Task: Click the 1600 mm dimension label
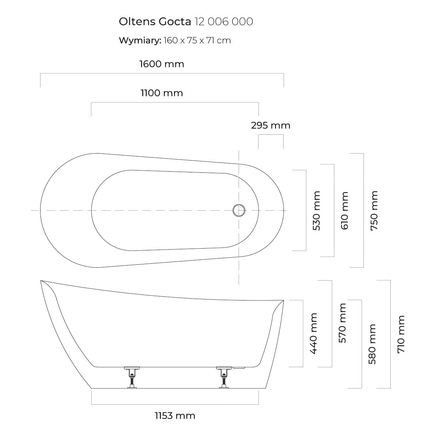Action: pos(162,64)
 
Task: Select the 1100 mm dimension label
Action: pos(162,93)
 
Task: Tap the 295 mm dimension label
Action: pos(271,126)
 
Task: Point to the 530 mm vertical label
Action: pos(316,211)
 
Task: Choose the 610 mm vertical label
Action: pos(344,211)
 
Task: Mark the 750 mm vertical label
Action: pos(374,211)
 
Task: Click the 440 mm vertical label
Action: pos(313,333)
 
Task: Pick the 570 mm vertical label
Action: pos(342,323)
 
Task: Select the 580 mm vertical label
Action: pos(372,344)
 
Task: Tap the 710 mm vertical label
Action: pos(401,334)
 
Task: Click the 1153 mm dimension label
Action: pos(175,416)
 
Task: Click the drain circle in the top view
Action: pos(239,210)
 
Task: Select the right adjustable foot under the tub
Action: pos(224,377)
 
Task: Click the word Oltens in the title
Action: pos(137,21)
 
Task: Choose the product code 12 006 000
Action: pos(224,21)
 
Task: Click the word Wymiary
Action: pos(140,41)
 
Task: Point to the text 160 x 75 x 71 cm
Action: pos(197,41)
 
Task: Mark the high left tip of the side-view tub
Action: pos(41,281)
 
